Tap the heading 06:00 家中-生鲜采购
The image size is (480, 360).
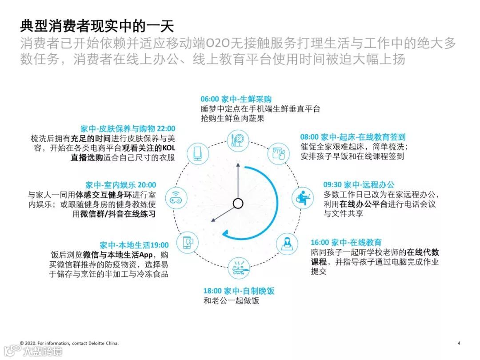point(236,99)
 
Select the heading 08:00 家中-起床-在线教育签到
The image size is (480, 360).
point(353,137)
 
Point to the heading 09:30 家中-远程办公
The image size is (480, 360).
point(359,184)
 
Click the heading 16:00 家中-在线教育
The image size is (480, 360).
point(346,242)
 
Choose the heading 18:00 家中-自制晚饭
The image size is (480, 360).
point(239,291)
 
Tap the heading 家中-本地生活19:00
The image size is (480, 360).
point(134,245)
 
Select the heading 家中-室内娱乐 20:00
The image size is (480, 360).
point(121,185)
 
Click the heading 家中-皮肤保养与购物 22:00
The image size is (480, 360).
point(128,128)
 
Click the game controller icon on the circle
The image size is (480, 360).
point(173,199)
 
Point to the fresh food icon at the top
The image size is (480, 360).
point(238,140)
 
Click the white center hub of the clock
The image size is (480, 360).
point(238,204)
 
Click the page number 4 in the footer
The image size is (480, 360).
point(459,343)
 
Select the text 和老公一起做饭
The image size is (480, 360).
point(231,301)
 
